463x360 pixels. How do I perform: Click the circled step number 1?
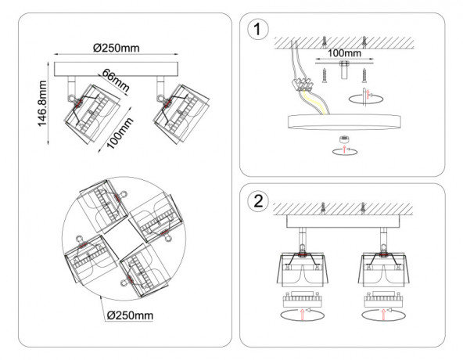click(x=258, y=30)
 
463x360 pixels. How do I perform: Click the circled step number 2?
click(x=258, y=202)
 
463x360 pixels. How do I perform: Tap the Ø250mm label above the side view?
click(x=117, y=48)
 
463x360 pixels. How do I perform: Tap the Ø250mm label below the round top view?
click(x=130, y=315)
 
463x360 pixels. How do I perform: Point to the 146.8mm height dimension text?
click(x=42, y=103)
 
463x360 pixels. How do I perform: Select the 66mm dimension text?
click(x=116, y=81)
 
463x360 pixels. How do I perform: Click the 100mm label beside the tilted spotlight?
click(x=120, y=133)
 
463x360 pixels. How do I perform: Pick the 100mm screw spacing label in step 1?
click(x=344, y=53)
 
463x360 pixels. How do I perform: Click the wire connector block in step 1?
click(x=303, y=84)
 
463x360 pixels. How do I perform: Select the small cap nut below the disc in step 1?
click(x=343, y=139)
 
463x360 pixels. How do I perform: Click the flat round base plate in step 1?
click(x=344, y=122)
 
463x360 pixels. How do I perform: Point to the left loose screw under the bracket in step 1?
click(x=325, y=76)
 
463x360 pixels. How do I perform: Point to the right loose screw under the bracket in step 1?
click(x=364, y=76)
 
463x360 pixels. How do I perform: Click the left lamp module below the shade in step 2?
click(x=302, y=299)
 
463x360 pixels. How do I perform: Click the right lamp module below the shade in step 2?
click(x=383, y=299)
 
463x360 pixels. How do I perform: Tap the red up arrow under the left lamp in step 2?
click(x=302, y=315)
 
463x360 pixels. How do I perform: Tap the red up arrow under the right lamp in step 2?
click(x=383, y=315)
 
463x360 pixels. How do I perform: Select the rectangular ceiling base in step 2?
click(x=343, y=221)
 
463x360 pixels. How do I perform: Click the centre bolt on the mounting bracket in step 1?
click(x=344, y=70)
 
